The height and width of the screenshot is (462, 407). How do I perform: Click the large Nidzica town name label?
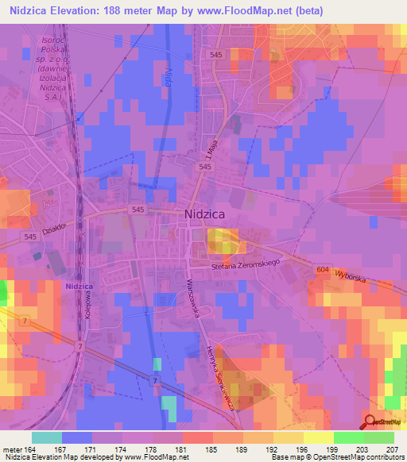207,213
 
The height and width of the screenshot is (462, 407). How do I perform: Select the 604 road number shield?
321,271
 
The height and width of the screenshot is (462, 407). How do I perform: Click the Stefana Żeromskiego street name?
246,270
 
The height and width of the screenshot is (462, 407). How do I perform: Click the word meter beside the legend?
14,449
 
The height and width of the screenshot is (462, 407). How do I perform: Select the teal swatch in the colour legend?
47,437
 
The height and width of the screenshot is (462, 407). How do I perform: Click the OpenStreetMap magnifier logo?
370,421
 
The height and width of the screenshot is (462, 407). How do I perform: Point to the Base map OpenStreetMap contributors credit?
336,457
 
